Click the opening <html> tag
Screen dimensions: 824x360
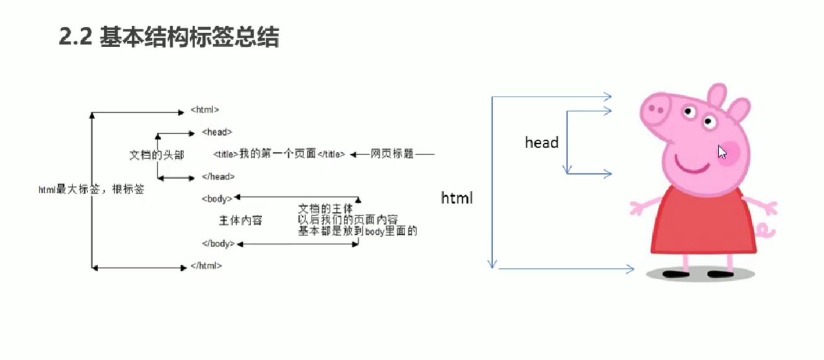click(x=205, y=110)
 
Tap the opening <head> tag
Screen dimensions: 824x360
click(x=217, y=132)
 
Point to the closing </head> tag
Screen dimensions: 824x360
click(x=218, y=177)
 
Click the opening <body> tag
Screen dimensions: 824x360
click(x=217, y=199)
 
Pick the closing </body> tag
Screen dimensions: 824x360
click(x=219, y=244)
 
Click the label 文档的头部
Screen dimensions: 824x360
click(x=156, y=155)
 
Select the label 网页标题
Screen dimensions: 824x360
click(x=392, y=154)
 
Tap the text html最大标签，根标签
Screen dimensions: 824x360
click(x=91, y=190)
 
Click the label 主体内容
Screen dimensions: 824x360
click(x=240, y=221)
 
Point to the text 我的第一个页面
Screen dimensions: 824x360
click(x=278, y=154)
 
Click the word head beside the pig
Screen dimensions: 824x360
click(x=541, y=143)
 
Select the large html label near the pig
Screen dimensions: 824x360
click(x=457, y=198)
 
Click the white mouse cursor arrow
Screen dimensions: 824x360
click(x=721, y=152)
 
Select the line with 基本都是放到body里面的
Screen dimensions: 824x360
click(x=357, y=231)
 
